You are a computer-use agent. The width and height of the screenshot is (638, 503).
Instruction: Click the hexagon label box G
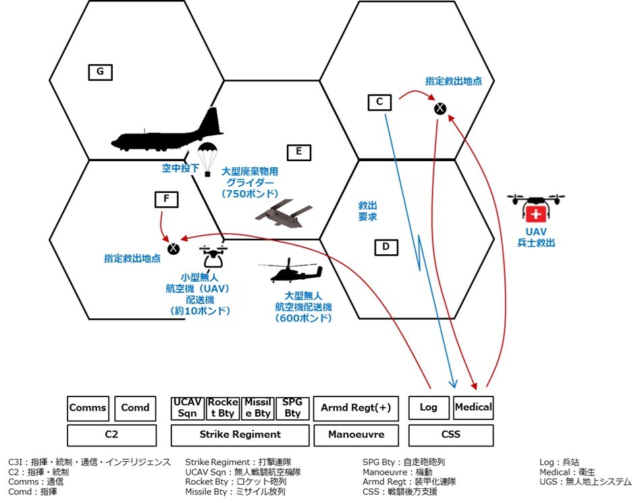tap(100, 72)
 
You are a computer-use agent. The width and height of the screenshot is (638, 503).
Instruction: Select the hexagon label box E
tap(298, 152)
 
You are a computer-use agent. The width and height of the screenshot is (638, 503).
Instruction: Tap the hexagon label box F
tap(166, 199)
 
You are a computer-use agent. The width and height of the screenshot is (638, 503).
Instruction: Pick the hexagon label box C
tap(379, 102)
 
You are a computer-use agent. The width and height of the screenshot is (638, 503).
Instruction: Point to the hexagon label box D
tap(386, 247)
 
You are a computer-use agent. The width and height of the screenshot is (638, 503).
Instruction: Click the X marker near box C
tap(440, 108)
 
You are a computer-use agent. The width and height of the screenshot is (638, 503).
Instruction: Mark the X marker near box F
tap(174, 248)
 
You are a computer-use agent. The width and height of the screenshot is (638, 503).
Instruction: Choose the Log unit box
tap(429, 408)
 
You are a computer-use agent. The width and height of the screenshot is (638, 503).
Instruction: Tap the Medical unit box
tap(473, 407)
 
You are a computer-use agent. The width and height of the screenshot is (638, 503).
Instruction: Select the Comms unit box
tap(88, 408)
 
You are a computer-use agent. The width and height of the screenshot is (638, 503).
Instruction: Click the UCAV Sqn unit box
tap(187, 408)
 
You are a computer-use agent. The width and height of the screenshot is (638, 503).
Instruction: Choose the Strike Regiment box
tap(240, 435)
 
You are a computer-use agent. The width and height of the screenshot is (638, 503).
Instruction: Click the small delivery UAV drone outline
tap(214, 257)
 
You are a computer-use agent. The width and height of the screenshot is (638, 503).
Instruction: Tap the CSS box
tap(450, 435)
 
